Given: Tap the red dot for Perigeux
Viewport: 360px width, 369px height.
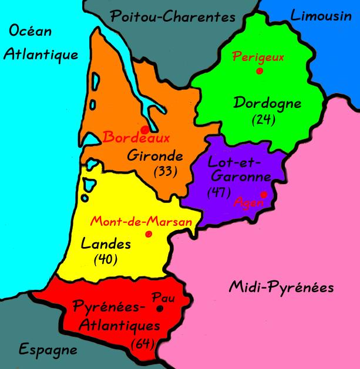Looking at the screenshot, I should pos(259,72).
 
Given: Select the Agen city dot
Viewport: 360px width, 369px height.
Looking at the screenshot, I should pos(264,194).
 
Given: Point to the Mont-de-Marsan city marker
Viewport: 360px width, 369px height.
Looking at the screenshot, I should pos(148,233).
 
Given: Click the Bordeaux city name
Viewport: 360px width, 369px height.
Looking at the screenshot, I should pos(136,139).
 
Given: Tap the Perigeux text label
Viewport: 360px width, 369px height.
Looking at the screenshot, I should pos(258,57).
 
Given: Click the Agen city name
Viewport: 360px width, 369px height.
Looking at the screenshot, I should pos(246,202).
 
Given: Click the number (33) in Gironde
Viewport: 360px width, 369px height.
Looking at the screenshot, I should pos(165,172).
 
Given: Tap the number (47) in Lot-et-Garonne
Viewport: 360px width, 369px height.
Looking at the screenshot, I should pos(219,191).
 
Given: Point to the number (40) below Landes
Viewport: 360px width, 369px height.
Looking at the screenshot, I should pos(106,258).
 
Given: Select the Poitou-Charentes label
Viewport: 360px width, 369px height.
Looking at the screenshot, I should pos(173,17).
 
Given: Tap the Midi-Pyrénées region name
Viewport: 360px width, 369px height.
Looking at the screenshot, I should pos(281,287).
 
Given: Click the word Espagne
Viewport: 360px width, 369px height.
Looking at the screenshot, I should pos(49,350).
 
